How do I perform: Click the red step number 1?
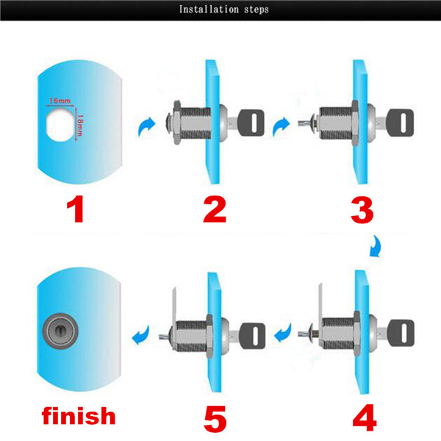tap(76, 209)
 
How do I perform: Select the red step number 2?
tap(215, 209)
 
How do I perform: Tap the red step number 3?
tap(362, 210)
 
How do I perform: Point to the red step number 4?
tap(365, 417)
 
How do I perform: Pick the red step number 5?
tap(215, 419)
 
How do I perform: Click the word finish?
tap(79, 415)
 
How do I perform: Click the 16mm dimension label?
tap(60, 101)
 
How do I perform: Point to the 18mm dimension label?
tap(80, 125)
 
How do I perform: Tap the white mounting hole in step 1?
tap(61, 125)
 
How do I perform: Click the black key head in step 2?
tap(251, 123)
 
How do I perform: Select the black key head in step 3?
tap(400, 123)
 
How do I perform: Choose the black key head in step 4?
tap(401, 333)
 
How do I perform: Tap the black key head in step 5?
tap(252, 336)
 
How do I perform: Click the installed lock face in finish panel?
tap(60, 331)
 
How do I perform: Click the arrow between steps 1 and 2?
tap(146, 126)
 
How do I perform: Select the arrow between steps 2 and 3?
tap(281, 126)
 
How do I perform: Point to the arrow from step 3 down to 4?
tap(376, 247)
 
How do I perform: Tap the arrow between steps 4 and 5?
tap(283, 333)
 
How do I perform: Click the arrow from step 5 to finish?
tap(140, 334)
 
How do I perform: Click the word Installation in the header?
tap(209, 10)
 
